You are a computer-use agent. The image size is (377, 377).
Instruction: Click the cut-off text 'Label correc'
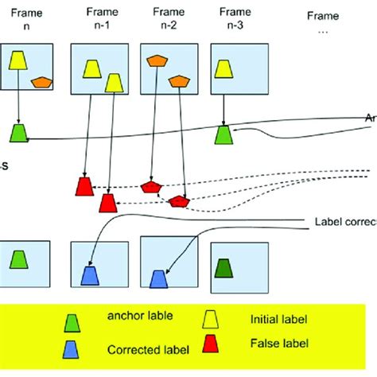coord(344,223)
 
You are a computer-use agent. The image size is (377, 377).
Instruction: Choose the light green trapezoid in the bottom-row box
coord(18,260)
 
